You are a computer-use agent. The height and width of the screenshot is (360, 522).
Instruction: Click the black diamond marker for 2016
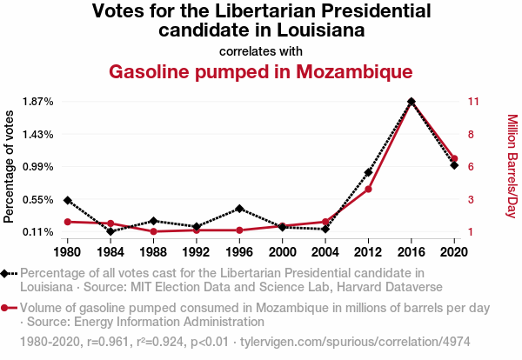click(412, 102)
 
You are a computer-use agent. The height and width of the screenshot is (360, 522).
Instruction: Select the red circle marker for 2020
click(454, 159)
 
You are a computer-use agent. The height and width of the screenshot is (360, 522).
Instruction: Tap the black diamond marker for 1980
click(68, 200)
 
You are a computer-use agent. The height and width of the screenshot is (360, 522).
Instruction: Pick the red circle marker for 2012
click(369, 189)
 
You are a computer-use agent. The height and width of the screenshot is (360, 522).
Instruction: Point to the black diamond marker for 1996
click(239, 209)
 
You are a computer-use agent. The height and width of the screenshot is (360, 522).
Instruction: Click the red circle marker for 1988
click(153, 231)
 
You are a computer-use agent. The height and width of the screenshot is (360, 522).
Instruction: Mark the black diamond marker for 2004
click(325, 229)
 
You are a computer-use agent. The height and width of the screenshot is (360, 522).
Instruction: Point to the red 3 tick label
click(471, 199)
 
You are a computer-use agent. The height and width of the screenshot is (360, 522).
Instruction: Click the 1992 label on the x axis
click(196, 252)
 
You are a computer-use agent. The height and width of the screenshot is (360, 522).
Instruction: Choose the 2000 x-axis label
click(282, 252)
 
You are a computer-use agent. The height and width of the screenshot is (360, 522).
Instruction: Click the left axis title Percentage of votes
click(10, 166)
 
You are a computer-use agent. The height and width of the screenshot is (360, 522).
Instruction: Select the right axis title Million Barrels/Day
click(512, 166)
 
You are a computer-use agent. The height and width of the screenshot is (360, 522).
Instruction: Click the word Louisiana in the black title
click(314, 30)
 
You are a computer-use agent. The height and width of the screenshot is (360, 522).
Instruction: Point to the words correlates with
click(260, 50)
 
